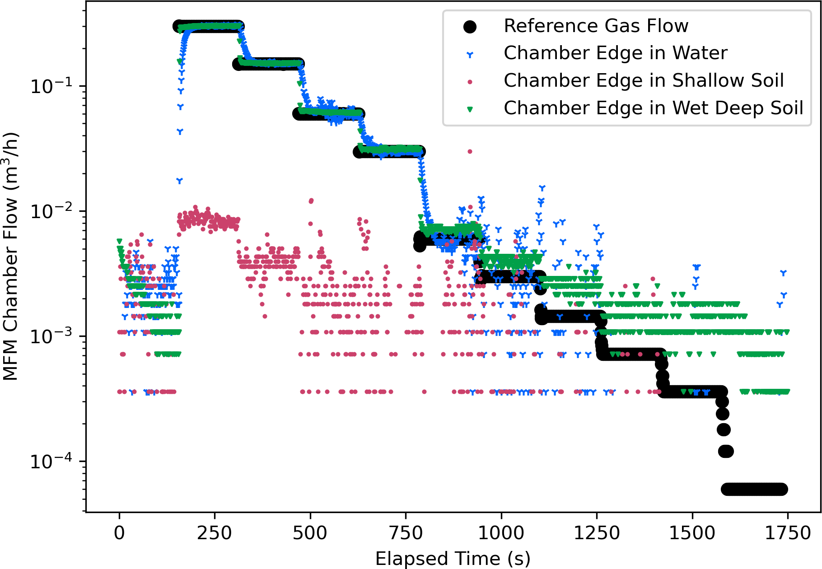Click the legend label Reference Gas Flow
pos(596,26)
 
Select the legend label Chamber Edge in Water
pos(616,53)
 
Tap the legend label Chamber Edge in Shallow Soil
pos(644,81)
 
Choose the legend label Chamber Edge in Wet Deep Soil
pos(654,108)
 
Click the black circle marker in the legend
pos(470,27)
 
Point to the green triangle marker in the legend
pos(470,109)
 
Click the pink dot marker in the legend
pos(470,82)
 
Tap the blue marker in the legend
pos(470,55)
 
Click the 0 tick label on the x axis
pos(119,533)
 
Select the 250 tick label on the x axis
pos(215,533)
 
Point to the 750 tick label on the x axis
pos(406,533)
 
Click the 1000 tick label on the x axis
pos(501,533)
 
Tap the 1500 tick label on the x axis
pos(692,533)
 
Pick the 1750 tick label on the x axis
pos(788,533)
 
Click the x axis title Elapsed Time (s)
pos(453,559)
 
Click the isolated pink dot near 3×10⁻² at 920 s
pos(470,151)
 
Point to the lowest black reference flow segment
pos(754,489)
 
